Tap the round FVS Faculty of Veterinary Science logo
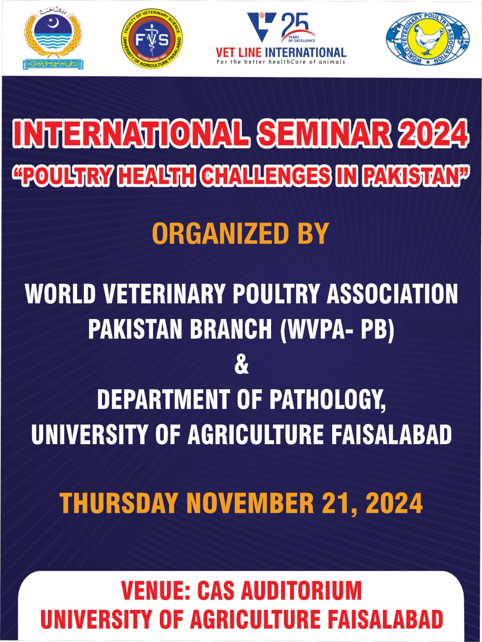[152, 39]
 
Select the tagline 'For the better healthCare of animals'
[281, 62]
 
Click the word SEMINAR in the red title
[324, 134]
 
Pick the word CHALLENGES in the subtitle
[266, 176]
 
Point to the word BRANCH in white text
[231, 329]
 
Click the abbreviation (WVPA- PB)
[337, 329]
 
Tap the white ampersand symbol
[241, 365]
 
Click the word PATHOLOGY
[327, 400]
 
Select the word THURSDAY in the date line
[119, 503]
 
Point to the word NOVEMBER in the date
[250, 503]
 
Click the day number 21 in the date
[338, 503]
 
